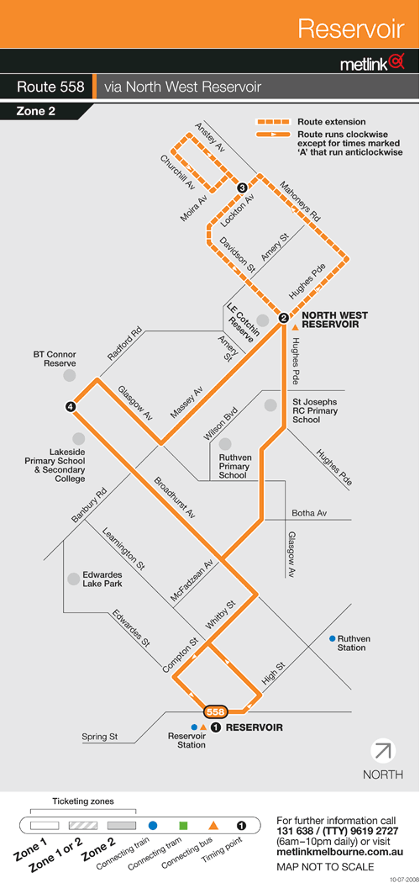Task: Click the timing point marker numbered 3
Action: (x=242, y=188)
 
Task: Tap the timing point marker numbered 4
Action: (x=71, y=406)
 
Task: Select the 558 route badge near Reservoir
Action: (x=216, y=711)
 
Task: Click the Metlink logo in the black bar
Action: (x=373, y=63)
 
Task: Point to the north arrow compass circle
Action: (x=383, y=751)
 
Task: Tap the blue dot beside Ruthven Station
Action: (x=333, y=638)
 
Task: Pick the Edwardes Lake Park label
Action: (x=102, y=579)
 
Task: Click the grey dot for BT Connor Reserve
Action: (x=69, y=375)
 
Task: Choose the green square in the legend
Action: (x=183, y=826)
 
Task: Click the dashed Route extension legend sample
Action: (x=273, y=122)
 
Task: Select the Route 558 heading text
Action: (x=50, y=87)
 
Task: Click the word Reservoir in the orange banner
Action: (x=351, y=28)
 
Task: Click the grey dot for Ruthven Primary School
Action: (x=225, y=444)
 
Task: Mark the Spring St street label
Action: (x=97, y=736)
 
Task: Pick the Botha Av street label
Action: (x=309, y=513)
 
